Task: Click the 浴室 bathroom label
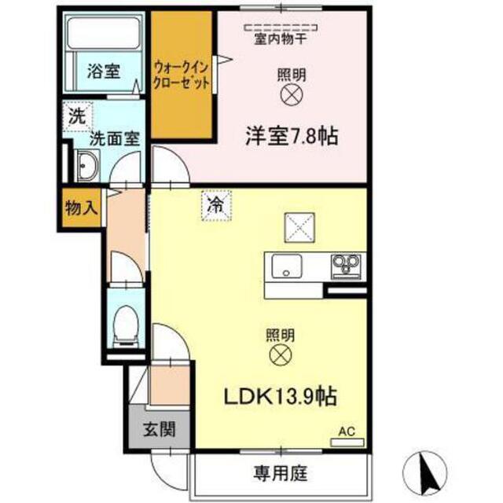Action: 104,71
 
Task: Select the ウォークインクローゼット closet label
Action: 182,75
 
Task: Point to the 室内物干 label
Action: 281,39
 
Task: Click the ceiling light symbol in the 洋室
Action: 292,94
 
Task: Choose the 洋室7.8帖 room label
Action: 292,136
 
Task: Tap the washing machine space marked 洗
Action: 77,116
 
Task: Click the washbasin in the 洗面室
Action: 87,165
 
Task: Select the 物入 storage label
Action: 81,208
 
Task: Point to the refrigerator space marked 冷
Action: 216,206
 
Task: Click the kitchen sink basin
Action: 286,266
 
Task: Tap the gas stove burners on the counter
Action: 346,264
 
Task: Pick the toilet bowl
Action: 126,325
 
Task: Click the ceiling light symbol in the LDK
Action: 281,355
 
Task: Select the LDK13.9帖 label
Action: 280,396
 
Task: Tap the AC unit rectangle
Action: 347,442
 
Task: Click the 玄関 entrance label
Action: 159,429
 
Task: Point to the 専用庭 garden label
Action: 281,473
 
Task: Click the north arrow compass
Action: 425,472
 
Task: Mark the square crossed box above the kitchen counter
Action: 299,227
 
